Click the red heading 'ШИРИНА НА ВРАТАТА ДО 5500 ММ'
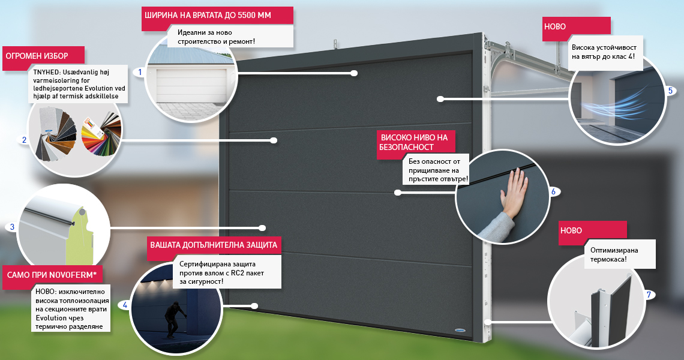(208, 15)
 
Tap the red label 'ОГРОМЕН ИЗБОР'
(37, 56)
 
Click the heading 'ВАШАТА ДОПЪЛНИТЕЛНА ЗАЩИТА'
(214, 245)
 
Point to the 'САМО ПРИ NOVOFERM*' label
(52, 275)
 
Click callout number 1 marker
(140, 72)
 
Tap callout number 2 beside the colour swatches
(25, 140)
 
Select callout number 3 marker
(12, 227)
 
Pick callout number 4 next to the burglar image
(125, 305)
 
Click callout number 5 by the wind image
(670, 91)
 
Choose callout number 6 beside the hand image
(554, 191)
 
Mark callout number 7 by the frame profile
(649, 295)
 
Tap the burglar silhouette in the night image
(172, 320)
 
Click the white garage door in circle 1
(191, 86)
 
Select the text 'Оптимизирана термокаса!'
(614, 255)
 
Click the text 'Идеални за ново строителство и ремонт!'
(217, 37)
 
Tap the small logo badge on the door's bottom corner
(460, 331)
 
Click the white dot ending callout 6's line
(397, 193)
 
